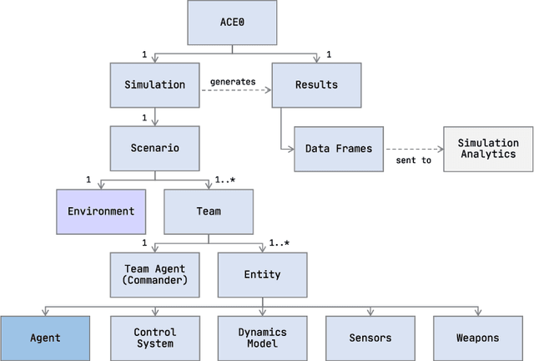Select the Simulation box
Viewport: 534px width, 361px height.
(155, 85)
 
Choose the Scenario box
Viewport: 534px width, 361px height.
(155, 148)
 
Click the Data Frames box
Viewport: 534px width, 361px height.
(339, 148)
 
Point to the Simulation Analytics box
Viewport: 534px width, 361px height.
(488, 148)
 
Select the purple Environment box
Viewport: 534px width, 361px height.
(101, 211)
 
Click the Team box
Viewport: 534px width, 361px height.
(209, 211)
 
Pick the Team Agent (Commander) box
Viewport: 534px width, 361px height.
(155, 274)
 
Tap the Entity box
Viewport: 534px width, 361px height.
(262, 274)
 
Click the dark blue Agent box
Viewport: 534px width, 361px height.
(45, 338)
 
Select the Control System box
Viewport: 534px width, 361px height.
(155, 338)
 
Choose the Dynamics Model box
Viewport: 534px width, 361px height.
(262, 338)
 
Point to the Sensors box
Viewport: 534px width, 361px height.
(370, 338)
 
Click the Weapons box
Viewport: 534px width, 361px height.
(477, 338)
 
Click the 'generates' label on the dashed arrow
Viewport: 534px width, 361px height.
(232, 80)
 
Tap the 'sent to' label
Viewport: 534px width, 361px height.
(414, 160)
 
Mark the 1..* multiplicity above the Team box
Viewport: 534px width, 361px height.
(225, 180)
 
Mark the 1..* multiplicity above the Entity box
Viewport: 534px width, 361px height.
(280, 243)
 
